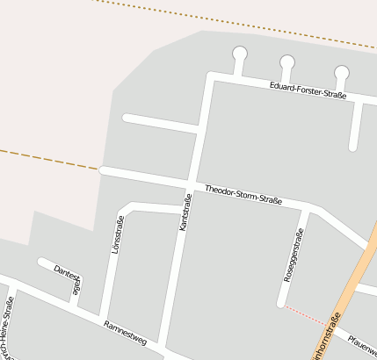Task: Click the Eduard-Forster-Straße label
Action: coord(308,89)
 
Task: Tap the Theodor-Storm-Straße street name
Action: coord(243,196)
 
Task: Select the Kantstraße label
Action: coord(185,213)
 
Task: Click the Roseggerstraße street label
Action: coord(293,255)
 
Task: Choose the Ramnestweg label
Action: coord(125,331)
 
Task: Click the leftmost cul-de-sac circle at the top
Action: coord(239,54)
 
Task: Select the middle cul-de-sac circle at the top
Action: coord(287,61)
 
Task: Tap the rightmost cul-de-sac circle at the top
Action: coord(342,73)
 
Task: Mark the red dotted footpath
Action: coord(304,315)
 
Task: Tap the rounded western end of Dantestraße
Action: coord(41,262)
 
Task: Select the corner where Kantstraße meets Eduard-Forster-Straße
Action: coord(210,76)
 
